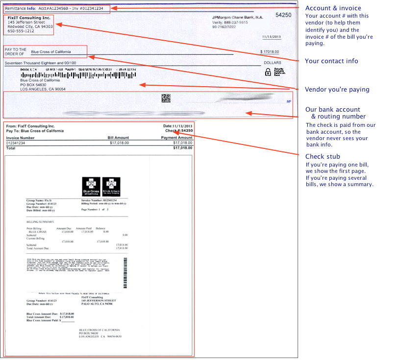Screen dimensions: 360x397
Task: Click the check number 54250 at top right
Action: [x=283, y=15]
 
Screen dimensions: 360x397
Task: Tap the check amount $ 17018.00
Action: [x=270, y=52]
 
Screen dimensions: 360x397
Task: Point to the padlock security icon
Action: [x=268, y=72]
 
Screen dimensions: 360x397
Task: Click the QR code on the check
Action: [x=166, y=98]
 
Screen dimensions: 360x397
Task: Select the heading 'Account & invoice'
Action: [x=333, y=8]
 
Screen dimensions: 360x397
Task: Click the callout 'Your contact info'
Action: [x=331, y=61]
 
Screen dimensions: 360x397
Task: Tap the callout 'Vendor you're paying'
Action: [x=337, y=89]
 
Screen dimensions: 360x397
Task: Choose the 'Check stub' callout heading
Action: [x=323, y=156]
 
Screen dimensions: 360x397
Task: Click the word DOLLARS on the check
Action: [x=273, y=63]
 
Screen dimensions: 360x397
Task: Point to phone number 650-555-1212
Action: [x=21, y=31]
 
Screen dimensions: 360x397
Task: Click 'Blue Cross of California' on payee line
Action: [x=50, y=52]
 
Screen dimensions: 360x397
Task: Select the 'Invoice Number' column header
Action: [x=20, y=138]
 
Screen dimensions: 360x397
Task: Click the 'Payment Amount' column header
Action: [x=176, y=138]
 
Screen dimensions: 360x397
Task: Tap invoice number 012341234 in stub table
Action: [x=18, y=143]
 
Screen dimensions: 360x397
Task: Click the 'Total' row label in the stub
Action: [x=11, y=147]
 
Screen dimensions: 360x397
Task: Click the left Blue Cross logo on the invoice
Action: [x=91, y=187]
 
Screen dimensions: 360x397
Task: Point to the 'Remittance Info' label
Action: [x=20, y=9]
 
